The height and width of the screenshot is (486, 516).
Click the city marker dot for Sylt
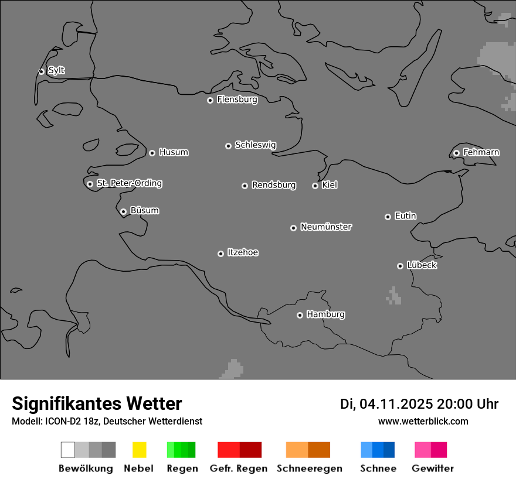coord(41,71)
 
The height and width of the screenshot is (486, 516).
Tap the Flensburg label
coord(237,100)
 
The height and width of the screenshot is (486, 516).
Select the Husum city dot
coord(152,153)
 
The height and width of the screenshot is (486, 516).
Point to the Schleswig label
coord(255,145)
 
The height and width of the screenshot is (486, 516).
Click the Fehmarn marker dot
coord(456,153)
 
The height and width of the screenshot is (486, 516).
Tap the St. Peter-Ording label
coord(129,183)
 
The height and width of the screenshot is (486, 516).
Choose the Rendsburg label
coord(274,185)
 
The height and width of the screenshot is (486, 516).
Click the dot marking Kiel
coord(315,186)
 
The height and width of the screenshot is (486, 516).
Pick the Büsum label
coord(144,210)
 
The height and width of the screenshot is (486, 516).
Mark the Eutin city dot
coord(388,217)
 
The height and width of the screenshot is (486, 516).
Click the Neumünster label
coord(326,227)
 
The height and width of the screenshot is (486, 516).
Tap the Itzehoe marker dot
coord(220,254)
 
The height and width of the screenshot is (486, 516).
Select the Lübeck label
coord(422,265)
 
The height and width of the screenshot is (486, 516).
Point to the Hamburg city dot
coord(300,315)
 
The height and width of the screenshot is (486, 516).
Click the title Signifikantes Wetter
coord(97,403)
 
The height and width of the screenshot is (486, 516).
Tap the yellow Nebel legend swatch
coord(139,450)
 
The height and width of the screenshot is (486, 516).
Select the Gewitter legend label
coord(433,468)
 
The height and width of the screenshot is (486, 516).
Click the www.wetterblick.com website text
coord(423,421)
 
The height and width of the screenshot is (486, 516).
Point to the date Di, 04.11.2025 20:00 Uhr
coord(419,404)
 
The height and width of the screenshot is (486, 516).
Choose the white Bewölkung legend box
coord(68,450)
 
